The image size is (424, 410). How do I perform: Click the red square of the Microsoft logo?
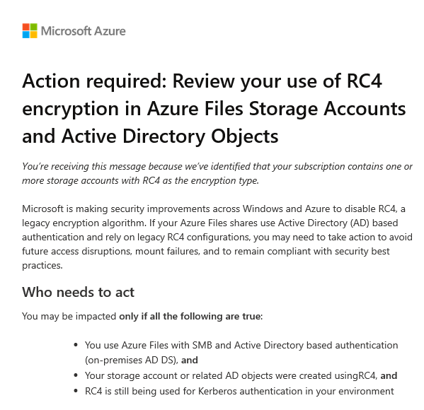[x=26, y=27]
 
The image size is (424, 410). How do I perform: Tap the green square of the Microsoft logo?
[x=34, y=27]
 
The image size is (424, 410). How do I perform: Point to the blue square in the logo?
[x=26, y=35]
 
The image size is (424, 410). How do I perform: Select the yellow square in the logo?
[x=34, y=35]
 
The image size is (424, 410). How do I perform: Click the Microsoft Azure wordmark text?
[x=84, y=31]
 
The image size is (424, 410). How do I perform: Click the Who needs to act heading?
[x=79, y=292]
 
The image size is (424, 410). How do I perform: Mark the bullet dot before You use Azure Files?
[x=76, y=345]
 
